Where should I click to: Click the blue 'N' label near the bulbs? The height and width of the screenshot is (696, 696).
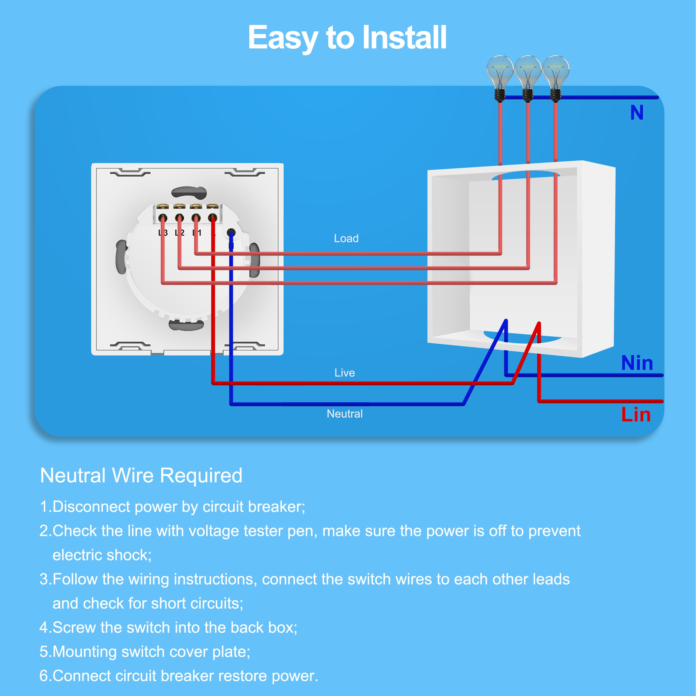pyautogui.click(x=637, y=113)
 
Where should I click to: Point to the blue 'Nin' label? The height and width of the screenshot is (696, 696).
pyautogui.click(x=637, y=363)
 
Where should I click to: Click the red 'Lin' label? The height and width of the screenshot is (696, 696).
pyautogui.click(x=636, y=415)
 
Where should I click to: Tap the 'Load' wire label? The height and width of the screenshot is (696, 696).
pyautogui.click(x=346, y=238)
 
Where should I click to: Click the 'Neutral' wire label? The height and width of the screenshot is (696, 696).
pyautogui.click(x=345, y=414)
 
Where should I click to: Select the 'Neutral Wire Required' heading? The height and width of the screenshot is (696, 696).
pyautogui.click(x=141, y=476)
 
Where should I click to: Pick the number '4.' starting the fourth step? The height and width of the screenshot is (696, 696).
pyautogui.click(x=45, y=628)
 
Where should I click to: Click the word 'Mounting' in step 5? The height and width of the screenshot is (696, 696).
pyautogui.click(x=84, y=652)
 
